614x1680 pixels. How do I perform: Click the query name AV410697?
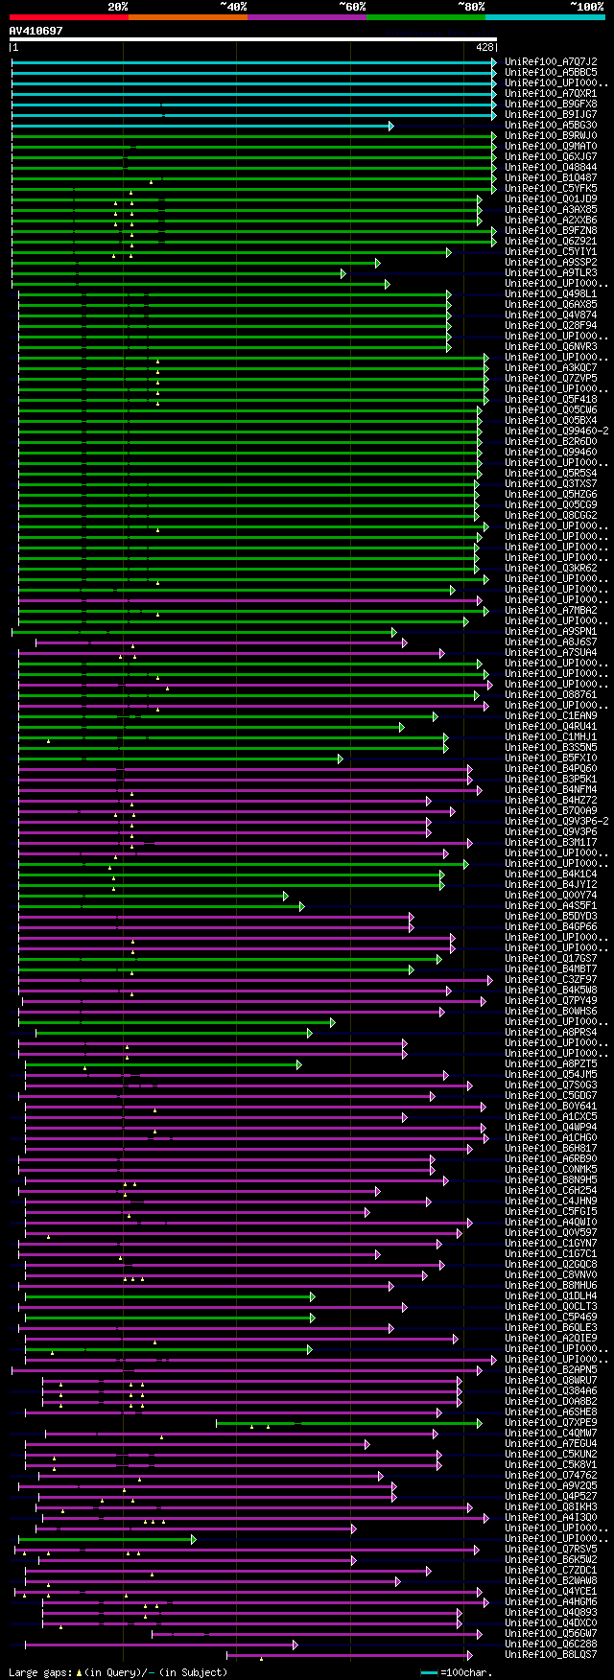pos(35,31)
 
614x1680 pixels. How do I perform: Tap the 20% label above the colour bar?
pos(118,7)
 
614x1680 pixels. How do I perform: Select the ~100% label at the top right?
pos(586,7)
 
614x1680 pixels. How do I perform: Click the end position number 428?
pos(484,46)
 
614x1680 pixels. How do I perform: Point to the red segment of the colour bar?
pos(68,16)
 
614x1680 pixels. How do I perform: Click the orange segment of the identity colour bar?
pos(187,16)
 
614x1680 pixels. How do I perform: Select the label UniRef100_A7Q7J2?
pos(551,61)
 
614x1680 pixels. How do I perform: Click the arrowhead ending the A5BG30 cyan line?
pos(391,126)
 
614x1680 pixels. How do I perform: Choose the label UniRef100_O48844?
pos(551,167)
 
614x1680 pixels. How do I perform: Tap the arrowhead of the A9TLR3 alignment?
pos(342,273)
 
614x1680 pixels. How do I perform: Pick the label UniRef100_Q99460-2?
pos(556,432)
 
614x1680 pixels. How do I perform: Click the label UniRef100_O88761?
pos(551,695)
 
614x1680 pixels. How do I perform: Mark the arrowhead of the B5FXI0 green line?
pos(340,758)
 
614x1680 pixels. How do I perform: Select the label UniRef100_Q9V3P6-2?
pos(556,822)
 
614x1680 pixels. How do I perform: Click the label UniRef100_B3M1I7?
pos(551,843)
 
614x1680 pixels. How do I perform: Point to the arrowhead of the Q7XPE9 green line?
pos(480,1423)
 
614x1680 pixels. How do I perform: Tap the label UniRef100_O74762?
pos(551,1476)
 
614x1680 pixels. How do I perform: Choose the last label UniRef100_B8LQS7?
pos(551,1655)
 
